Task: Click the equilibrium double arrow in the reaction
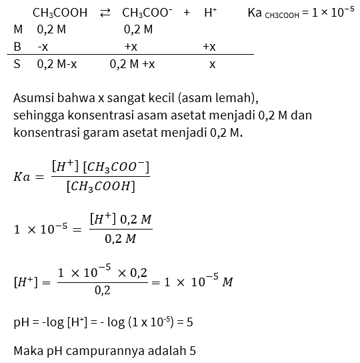(x=105, y=13)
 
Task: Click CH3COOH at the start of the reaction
(x=59, y=13)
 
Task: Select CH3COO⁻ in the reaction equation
(x=147, y=13)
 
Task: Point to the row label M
(x=18, y=30)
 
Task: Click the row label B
(x=17, y=47)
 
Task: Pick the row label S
(x=17, y=65)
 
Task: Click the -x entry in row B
(x=43, y=47)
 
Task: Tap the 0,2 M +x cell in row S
(x=133, y=65)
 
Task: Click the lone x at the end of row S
(x=212, y=65)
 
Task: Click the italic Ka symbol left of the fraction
(x=21, y=177)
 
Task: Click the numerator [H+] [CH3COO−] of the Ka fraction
(x=100, y=165)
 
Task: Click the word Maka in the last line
(x=27, y=350)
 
